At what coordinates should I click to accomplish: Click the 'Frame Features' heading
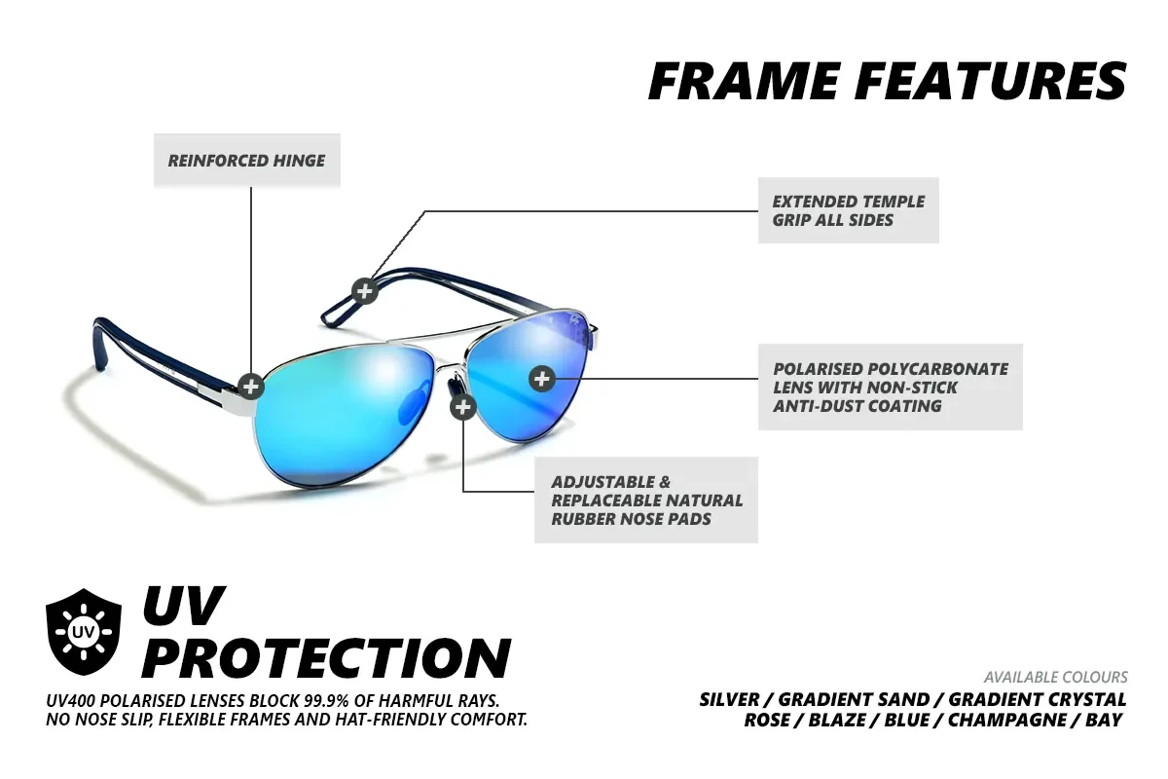[888, 82]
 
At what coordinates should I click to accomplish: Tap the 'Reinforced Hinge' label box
[246, 161]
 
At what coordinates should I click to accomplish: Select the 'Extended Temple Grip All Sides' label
[849, 210]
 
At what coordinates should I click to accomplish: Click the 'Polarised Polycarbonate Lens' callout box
[890, 387]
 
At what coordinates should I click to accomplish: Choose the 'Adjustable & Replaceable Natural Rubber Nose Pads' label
[646, 500]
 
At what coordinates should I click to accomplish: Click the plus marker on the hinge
[251, 387]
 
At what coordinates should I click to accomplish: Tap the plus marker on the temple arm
[364, 291]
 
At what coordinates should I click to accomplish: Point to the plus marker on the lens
[542, 379]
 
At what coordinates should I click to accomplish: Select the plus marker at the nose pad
[463, 407]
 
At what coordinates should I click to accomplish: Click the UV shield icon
[84, 631]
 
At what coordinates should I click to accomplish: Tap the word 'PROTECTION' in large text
[326, 657]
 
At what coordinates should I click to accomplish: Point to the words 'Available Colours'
[1055, 678]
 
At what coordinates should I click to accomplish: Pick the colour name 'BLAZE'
[836, 720]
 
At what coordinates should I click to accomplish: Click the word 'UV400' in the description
[68, 700]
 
